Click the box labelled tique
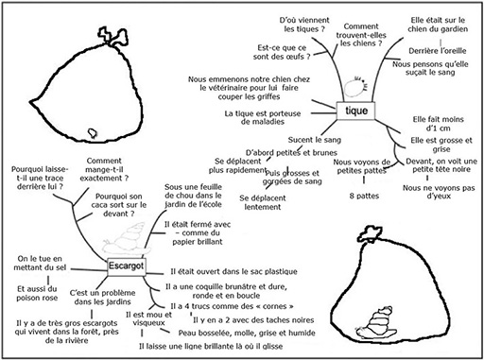(x=355, y=111)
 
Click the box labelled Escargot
(x=127, y=266)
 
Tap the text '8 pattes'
(x=364, y=196)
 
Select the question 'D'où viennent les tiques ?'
(x=304, y=25)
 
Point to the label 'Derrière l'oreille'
(x=438, y=51)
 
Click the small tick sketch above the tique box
(x=354, y=87)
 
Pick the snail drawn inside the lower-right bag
(x=376, y=323)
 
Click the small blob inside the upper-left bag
(x=93, y=133)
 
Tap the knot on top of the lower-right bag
(x=371, y=234)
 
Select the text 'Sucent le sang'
(x=315, y=140)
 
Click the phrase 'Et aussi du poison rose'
(x=37, y=293)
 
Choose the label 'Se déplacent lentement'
(x=263, y=202)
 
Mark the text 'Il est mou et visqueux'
(x=148, y=318)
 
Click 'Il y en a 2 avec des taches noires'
(x=253, y=320)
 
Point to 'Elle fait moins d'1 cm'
(x=438, y=124)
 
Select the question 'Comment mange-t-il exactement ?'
(x=104, y=169)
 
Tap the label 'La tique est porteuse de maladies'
(x=263, y=117)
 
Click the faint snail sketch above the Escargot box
(x=126, y=239)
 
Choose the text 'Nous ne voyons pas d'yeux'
(x=439, y=192)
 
